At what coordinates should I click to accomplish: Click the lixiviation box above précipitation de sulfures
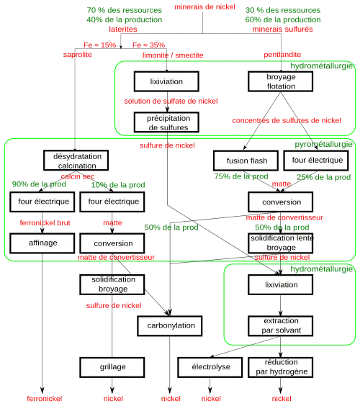click(166, 81)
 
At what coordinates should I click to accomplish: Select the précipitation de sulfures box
click(166, 122)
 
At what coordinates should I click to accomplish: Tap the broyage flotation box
click(281, 81)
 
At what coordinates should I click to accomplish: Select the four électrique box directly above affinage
click(43, 202)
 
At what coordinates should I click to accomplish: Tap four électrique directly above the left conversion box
click(113, 202)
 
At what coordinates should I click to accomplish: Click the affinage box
click(43, 243)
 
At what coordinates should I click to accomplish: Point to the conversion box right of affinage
click(113, 243)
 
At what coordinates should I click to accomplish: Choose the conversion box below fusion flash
click(281, 202)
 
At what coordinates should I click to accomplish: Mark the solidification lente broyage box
click(281, 242)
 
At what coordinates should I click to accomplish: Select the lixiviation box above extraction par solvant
click(281, 284)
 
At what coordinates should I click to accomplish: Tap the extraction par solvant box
click(281, 325)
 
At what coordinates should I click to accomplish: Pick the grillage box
click(113, 366)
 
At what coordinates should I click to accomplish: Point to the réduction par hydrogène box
click(281, 366)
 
